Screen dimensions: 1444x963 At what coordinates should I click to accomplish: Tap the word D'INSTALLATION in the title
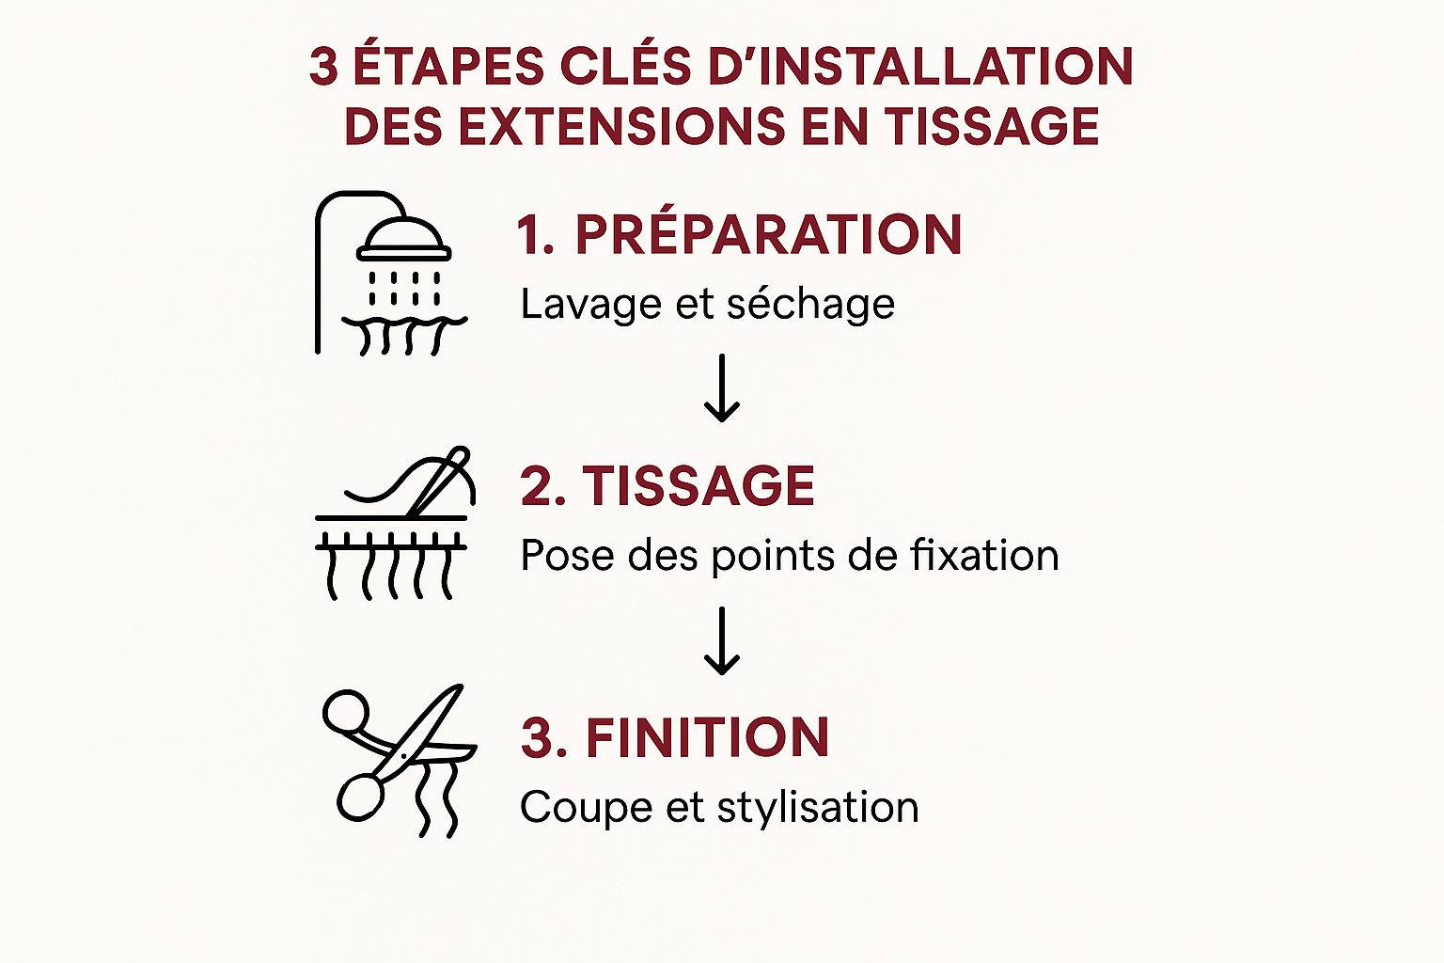click(920, 66)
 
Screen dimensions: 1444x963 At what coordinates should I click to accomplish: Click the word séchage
click(811, 303)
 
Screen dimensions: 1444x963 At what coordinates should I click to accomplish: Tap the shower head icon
click(404, 239)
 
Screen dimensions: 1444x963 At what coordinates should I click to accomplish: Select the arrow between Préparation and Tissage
click(721, 387)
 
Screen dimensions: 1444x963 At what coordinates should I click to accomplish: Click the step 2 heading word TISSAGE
click(698, 485)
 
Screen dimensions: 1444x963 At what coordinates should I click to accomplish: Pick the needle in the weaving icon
click(439, 481)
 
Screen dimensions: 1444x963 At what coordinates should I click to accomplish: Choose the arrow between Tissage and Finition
click(721, 640)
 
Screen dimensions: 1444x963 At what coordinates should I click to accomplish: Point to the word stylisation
click(817, 807)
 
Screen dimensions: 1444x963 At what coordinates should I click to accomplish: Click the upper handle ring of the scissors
click(346, 712)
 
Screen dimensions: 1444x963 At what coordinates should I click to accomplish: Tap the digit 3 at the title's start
click(323, 67)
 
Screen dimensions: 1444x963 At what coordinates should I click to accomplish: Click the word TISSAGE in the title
click(992, 125)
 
